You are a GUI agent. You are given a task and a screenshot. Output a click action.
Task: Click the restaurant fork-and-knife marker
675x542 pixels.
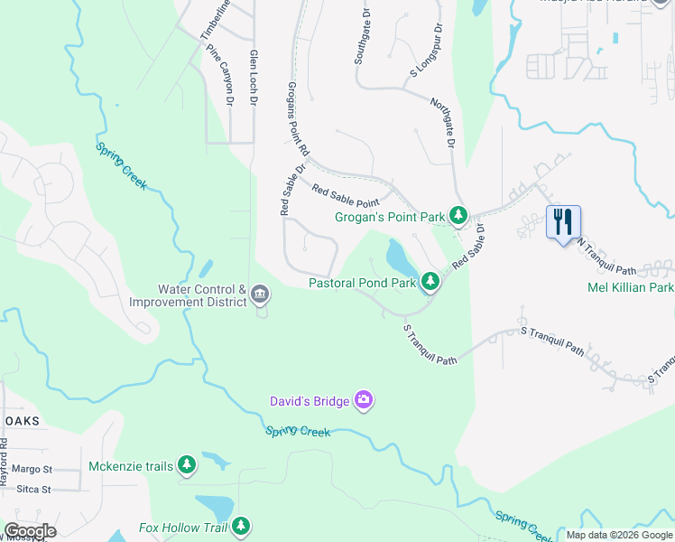(x=563, y=221)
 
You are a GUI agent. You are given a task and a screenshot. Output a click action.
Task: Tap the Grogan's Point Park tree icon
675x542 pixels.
(x=460, y=216)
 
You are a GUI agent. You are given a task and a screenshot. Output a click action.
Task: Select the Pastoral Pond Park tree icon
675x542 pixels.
(x=431, y=282)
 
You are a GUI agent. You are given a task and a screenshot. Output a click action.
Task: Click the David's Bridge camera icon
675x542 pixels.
(x=364, y=400)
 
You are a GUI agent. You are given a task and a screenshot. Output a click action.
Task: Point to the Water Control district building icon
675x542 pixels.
(x=260, y=294)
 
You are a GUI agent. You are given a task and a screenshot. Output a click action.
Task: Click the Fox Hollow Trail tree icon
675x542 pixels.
(x=240, y=527)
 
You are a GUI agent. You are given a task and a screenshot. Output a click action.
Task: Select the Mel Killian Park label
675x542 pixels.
(x=629, y=288)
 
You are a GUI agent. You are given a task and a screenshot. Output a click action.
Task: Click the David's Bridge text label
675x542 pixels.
(x=310, y=401)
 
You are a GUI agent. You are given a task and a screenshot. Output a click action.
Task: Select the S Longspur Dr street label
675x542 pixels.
(x=429, y=56)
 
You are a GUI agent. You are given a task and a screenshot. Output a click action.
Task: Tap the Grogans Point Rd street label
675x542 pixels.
(x=299, y=117)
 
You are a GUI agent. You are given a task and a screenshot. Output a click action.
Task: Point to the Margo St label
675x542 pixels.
(x=33, y=469)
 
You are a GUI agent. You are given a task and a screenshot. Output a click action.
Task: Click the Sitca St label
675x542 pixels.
(x=33, y=489)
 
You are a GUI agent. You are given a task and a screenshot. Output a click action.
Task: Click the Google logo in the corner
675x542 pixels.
(x=30, y=530)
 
